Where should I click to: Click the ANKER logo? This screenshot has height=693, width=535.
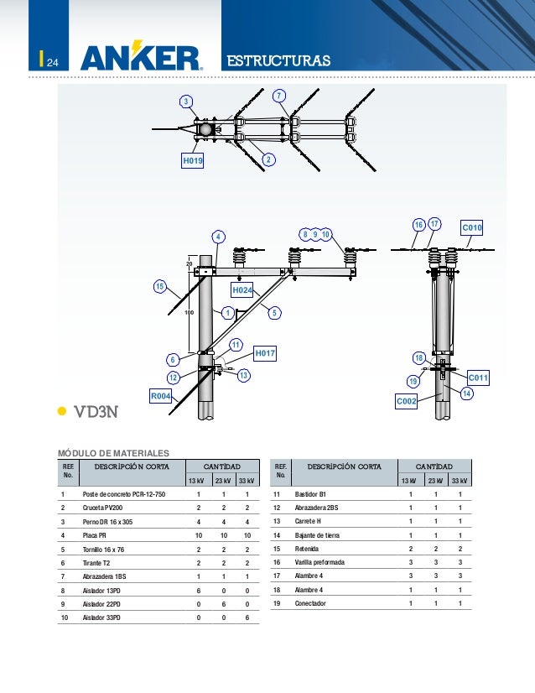142,58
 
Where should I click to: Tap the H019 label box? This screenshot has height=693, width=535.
194,159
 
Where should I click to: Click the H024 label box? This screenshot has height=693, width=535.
242,289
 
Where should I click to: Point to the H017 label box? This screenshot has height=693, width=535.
265,354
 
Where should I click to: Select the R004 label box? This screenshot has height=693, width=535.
161,395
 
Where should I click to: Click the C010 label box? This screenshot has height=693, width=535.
473,228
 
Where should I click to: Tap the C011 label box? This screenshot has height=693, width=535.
477,378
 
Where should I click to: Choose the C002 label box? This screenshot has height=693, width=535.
407,403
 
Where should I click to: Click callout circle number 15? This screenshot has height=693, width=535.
159,288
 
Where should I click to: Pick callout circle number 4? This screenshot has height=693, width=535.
218,237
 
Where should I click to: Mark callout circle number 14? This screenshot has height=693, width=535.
467,393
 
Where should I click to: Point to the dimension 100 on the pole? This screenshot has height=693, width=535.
189,312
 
